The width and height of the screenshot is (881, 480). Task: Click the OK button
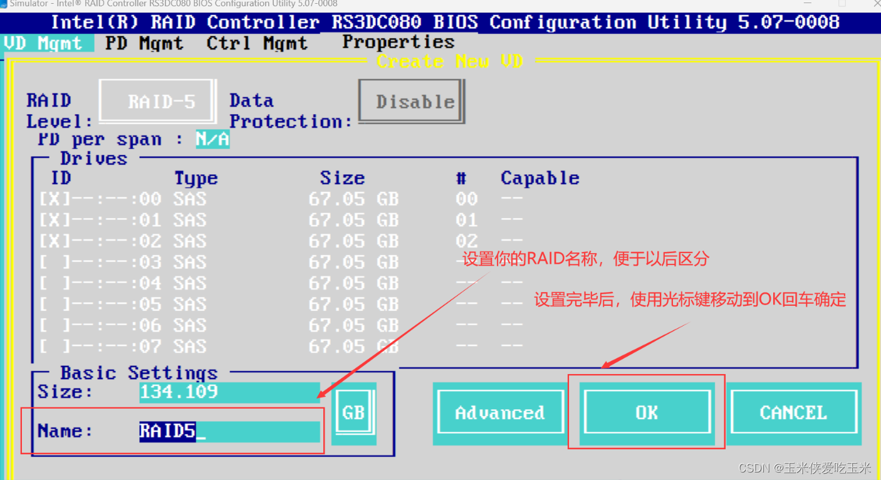click(x=646, y=412)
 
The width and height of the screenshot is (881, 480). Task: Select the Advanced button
click(x=499, y=412)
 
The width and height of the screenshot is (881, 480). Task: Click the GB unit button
click(x=353, y=412)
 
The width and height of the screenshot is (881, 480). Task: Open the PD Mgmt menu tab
click(x=144, y=43)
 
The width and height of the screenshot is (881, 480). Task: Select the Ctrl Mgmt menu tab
click(x=257, y=43)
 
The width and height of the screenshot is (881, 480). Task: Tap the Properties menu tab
click(x=399, y=42)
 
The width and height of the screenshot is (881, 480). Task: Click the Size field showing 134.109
click(x=229, y=392)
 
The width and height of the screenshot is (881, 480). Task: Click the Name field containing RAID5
click(x=229, y=431)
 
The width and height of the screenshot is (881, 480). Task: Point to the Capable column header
click(x=540, y=179)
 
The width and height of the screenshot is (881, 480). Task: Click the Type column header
click(x=195, y=179)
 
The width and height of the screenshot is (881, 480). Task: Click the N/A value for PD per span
click(x=212, y=139)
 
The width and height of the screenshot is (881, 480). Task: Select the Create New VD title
click(x=450, y=61)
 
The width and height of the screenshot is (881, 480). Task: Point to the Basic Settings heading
click(x=138, y=373)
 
